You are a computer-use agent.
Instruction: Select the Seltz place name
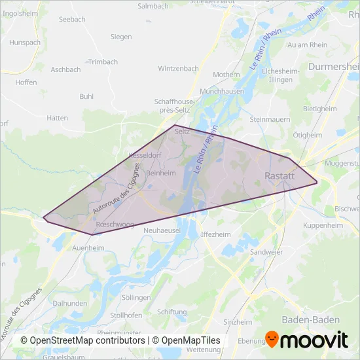click(183, 131)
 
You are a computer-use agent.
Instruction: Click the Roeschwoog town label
click(115, 225)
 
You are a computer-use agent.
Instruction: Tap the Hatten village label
click(58, 118)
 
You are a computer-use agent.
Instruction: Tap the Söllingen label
click(137, 297)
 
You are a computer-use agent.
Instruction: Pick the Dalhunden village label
click(70, 304)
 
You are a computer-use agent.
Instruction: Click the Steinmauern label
click(269, 120)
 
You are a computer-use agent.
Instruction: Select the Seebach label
click(72, 20)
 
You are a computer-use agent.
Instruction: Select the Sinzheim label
click(238, 322)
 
